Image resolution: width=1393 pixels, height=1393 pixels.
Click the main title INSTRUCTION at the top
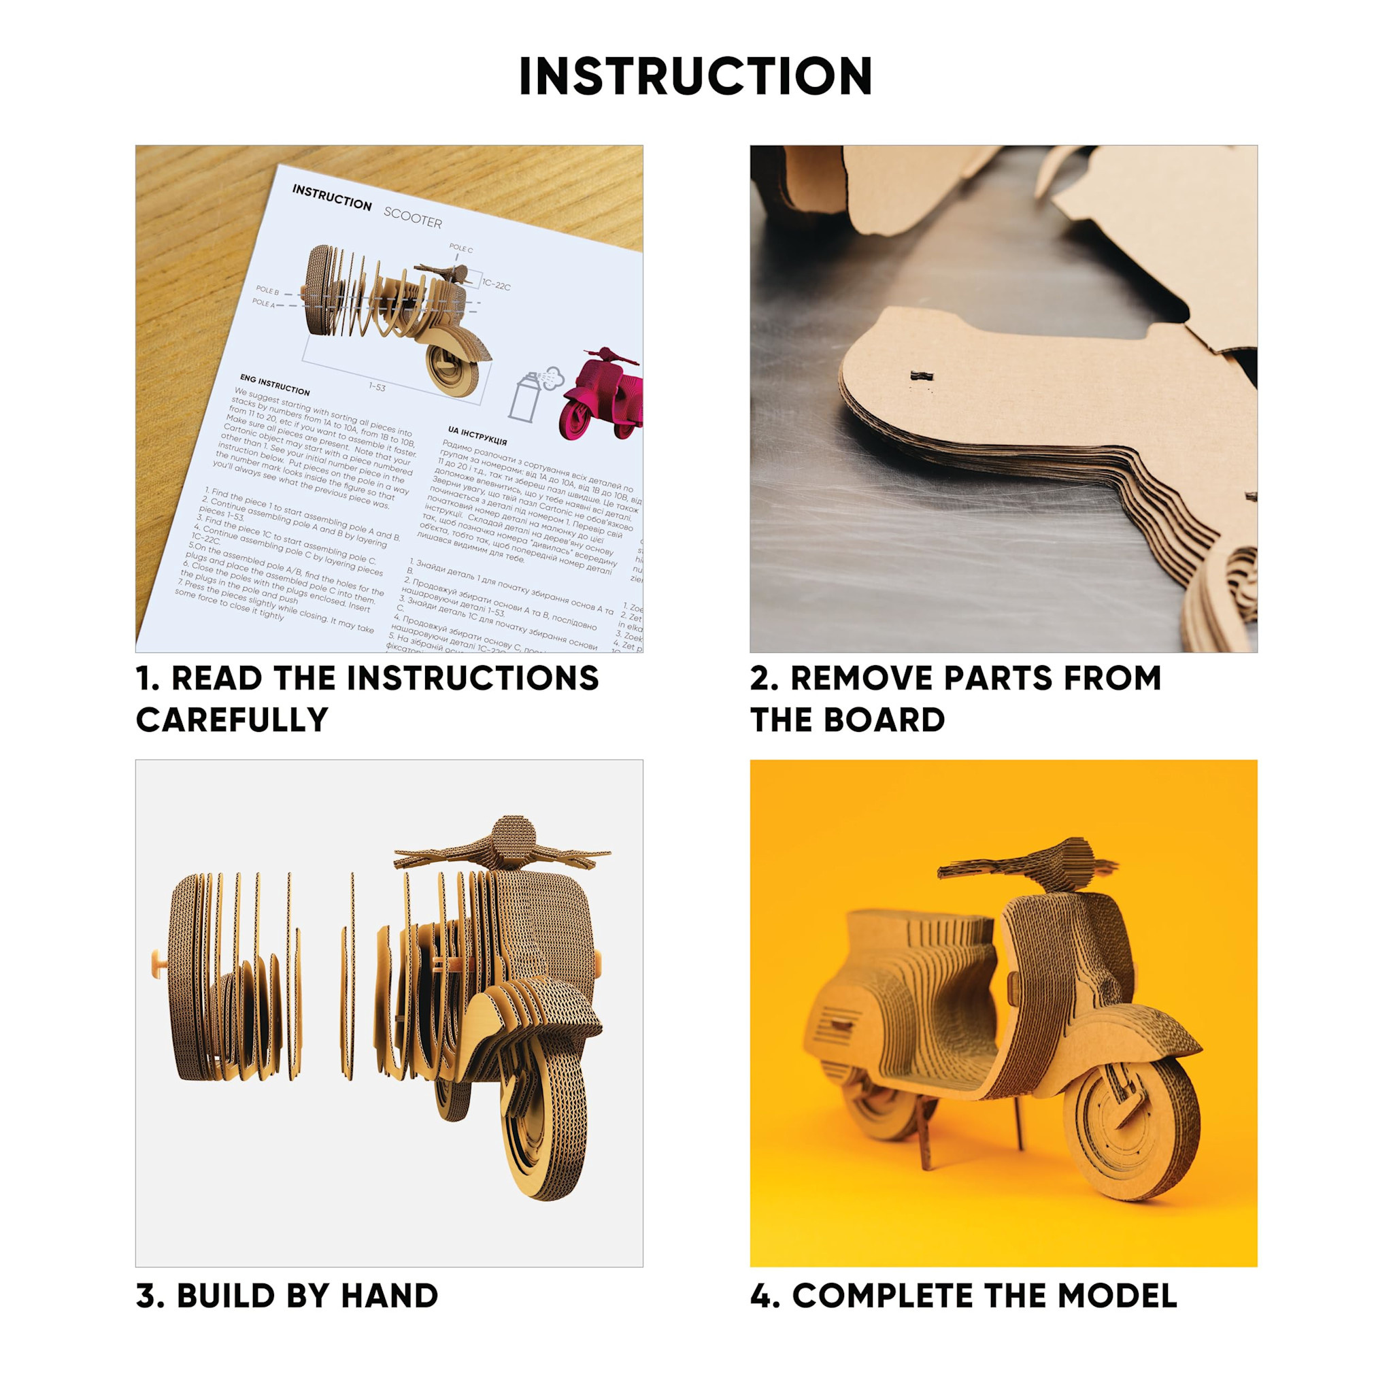(696, 76)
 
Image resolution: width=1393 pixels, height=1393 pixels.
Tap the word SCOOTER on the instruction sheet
(412, 217)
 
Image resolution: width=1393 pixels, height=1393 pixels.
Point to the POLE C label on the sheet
(460, 249)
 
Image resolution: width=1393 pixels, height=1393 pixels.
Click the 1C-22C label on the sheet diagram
(496, 285)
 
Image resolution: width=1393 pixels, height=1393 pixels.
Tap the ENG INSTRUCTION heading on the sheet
(275, 385)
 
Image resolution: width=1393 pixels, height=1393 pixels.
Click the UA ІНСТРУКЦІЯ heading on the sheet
(477, 435)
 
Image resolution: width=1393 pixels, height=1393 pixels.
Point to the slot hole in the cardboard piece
(921, 376)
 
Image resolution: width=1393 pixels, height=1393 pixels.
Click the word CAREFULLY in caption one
(232, 720)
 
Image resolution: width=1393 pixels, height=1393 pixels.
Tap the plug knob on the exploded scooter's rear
(157, 961)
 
